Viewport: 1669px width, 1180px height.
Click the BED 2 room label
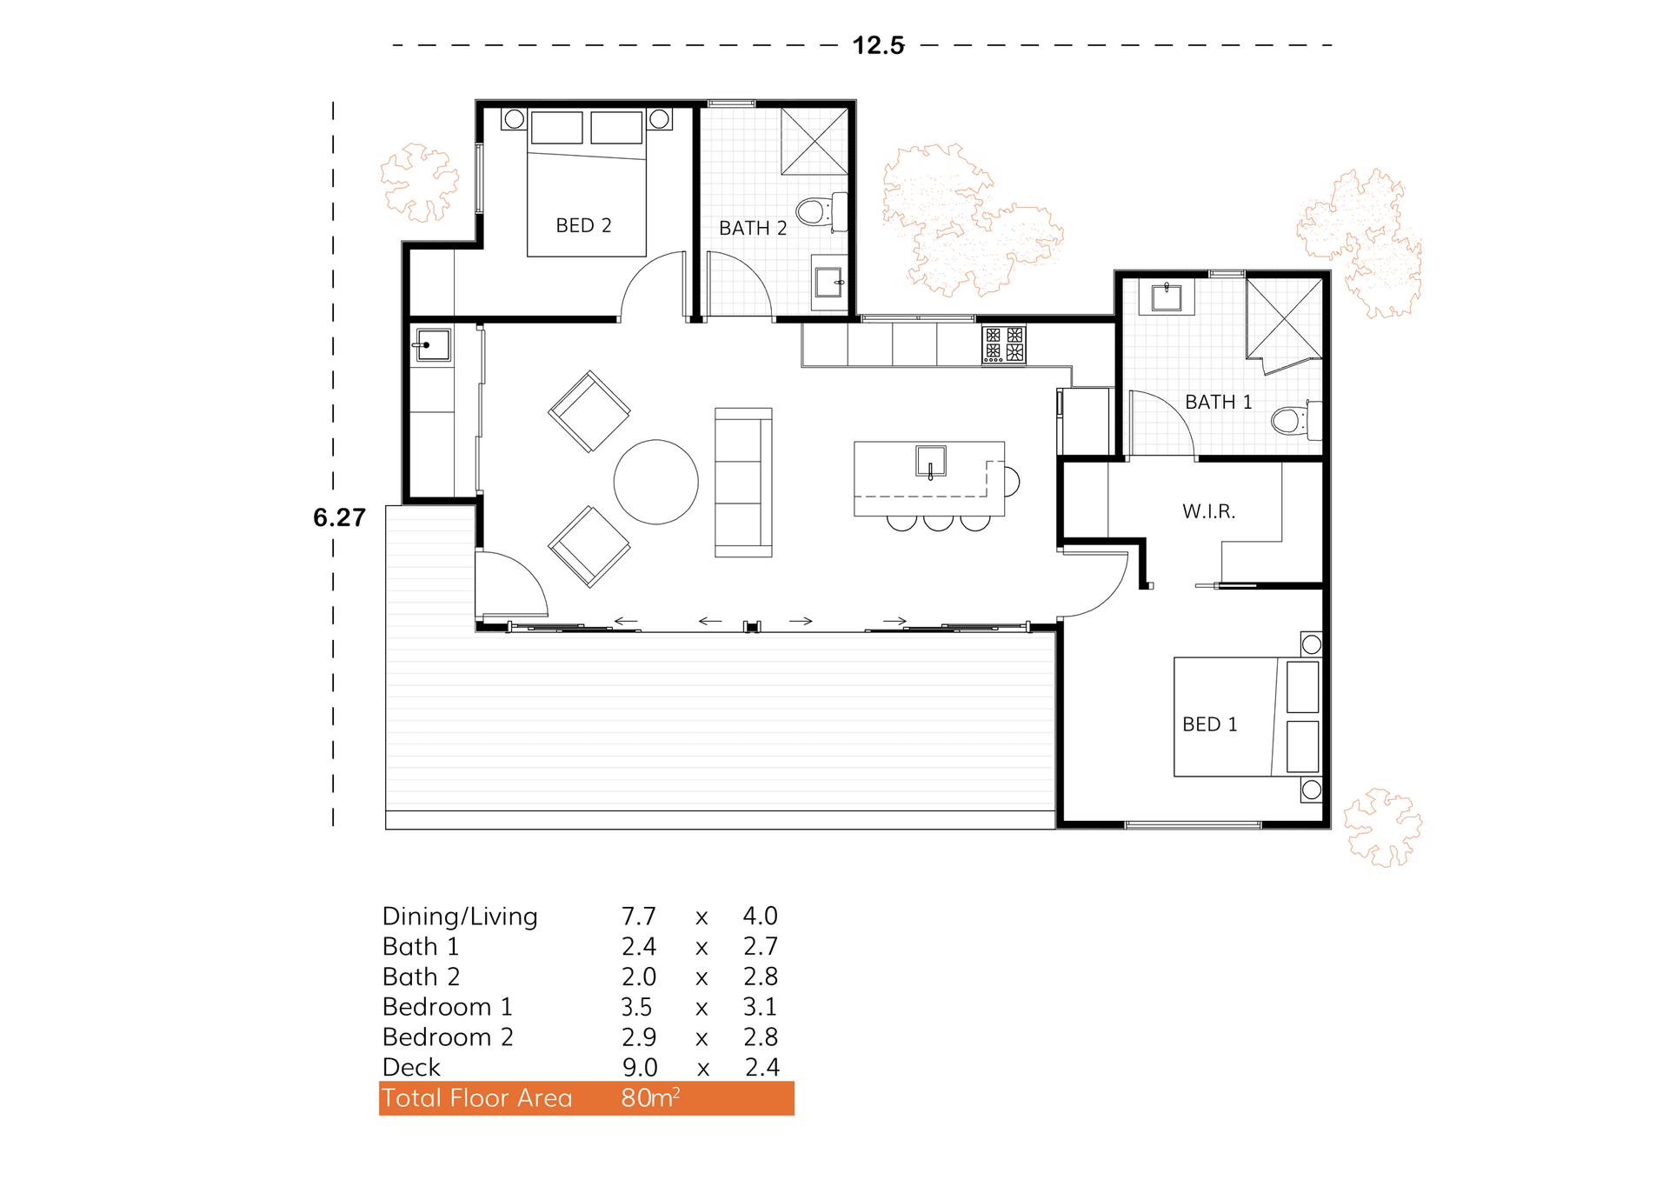583,225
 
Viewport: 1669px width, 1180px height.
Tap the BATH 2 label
752,228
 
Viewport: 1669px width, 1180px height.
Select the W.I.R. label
1208,511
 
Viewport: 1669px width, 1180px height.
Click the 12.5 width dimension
878,45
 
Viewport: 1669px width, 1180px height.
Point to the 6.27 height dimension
339,518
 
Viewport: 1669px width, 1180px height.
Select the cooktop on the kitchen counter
1003,344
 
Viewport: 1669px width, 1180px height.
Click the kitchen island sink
930,460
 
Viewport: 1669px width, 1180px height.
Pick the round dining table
655,482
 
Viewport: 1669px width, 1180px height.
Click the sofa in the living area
743,483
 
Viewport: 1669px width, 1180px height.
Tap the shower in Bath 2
814,141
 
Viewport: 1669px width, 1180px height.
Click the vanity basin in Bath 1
1166,297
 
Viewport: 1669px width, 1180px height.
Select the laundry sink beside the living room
432,344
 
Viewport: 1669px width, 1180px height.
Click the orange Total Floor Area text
476,1098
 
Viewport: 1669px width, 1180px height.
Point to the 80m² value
649,1098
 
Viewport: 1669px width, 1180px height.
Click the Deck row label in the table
411,1068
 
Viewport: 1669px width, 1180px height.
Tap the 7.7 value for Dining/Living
638,917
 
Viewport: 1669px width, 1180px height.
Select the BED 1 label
1209,724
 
